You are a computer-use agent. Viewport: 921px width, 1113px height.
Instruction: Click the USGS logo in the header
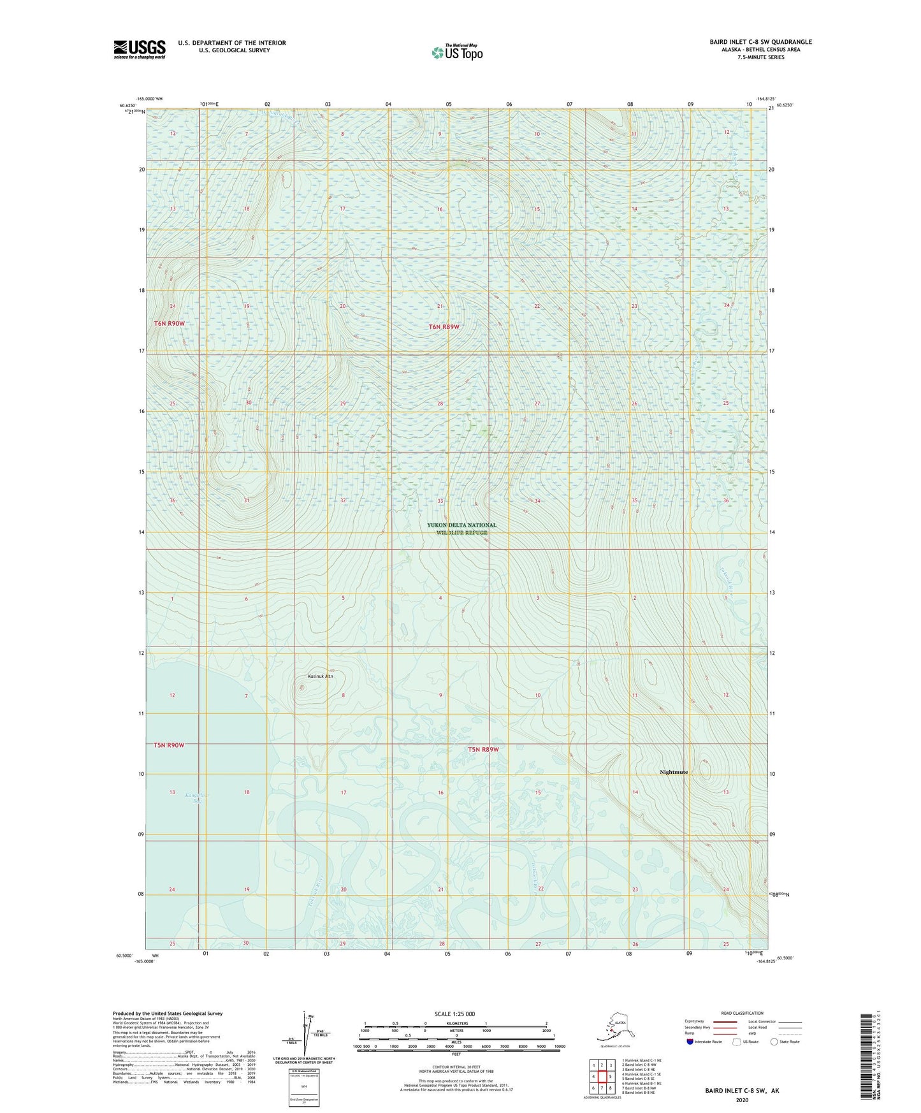pos(140,49)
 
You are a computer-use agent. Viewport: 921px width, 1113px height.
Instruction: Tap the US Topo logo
pos(457,52)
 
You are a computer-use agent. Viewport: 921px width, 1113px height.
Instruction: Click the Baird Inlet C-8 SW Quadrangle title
pos(760,42)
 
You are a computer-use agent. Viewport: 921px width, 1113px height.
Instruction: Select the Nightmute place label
pos(674,772)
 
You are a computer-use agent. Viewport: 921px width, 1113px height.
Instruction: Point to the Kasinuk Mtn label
pos(320,676)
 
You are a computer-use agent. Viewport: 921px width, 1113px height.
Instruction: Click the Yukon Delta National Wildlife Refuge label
pos(462,528)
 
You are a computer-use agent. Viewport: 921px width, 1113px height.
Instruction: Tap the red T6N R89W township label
pos(444,326)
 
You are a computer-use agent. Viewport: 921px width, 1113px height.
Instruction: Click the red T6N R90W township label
pos(169,323)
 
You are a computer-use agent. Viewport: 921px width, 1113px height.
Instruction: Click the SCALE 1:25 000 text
pos(455,1014)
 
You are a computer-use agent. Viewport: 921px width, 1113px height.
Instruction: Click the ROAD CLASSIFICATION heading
pos(741,1013)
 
